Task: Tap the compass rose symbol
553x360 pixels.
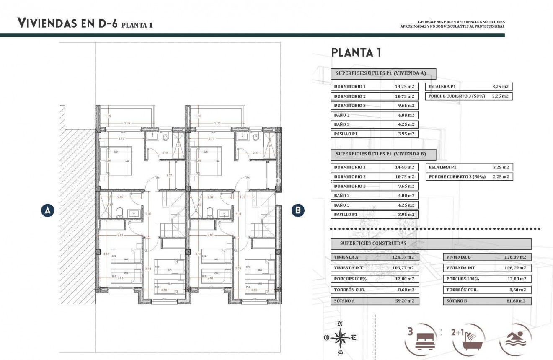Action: [341, 337]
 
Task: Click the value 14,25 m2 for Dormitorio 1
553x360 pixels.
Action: [404, 87]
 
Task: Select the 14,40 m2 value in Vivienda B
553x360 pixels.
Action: [404, 167]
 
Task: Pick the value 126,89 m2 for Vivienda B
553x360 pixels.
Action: [515, 257]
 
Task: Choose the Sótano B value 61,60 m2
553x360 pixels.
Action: [515, 301]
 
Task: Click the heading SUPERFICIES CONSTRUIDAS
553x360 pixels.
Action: [373, 243]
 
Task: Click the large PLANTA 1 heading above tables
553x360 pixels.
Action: [356, 52]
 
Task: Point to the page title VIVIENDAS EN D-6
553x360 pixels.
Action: [67, 23]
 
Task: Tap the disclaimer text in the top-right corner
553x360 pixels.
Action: [452, 24]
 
